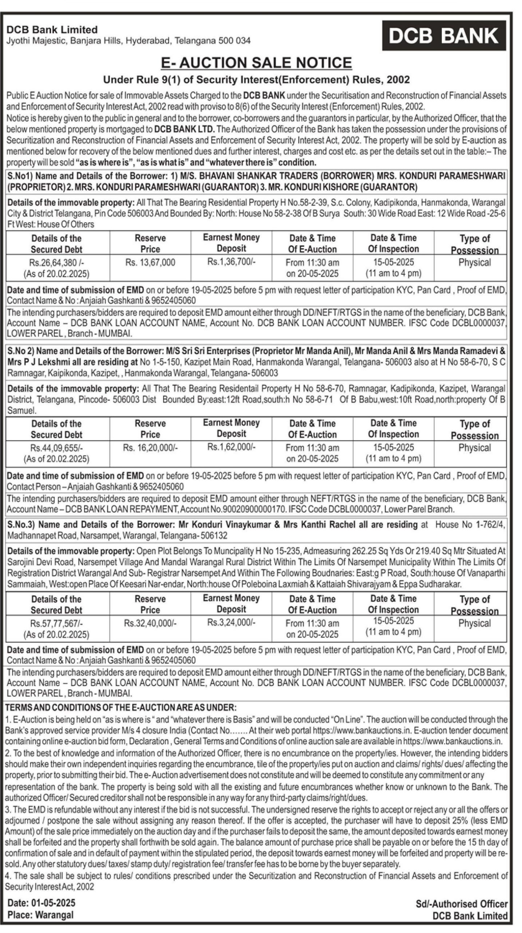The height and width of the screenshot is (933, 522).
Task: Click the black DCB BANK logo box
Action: click(x=443, y=35)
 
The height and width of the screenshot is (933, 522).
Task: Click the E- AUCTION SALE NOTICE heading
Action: click(x=256, y=63)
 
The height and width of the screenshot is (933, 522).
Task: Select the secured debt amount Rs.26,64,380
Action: click(x=56, y=262)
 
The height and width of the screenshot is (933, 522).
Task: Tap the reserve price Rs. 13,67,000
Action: click(x=150, y=262)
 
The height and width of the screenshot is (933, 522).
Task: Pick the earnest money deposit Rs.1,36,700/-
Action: click(x=231, y=262)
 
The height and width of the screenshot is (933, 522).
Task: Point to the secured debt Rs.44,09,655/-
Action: click(x=56, y=448)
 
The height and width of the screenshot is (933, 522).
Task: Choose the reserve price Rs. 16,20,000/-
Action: click(x=150, y=448)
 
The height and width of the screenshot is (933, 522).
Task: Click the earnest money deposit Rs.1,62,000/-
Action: click(x=231, y=447)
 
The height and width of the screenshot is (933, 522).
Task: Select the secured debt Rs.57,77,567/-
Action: click(x=56, y=624)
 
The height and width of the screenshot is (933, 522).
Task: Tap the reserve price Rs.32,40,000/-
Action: click(x=150, y=623)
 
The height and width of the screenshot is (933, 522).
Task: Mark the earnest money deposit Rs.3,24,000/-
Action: click(x=231, y=622)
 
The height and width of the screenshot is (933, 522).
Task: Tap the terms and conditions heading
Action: click(x=121, y=707)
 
